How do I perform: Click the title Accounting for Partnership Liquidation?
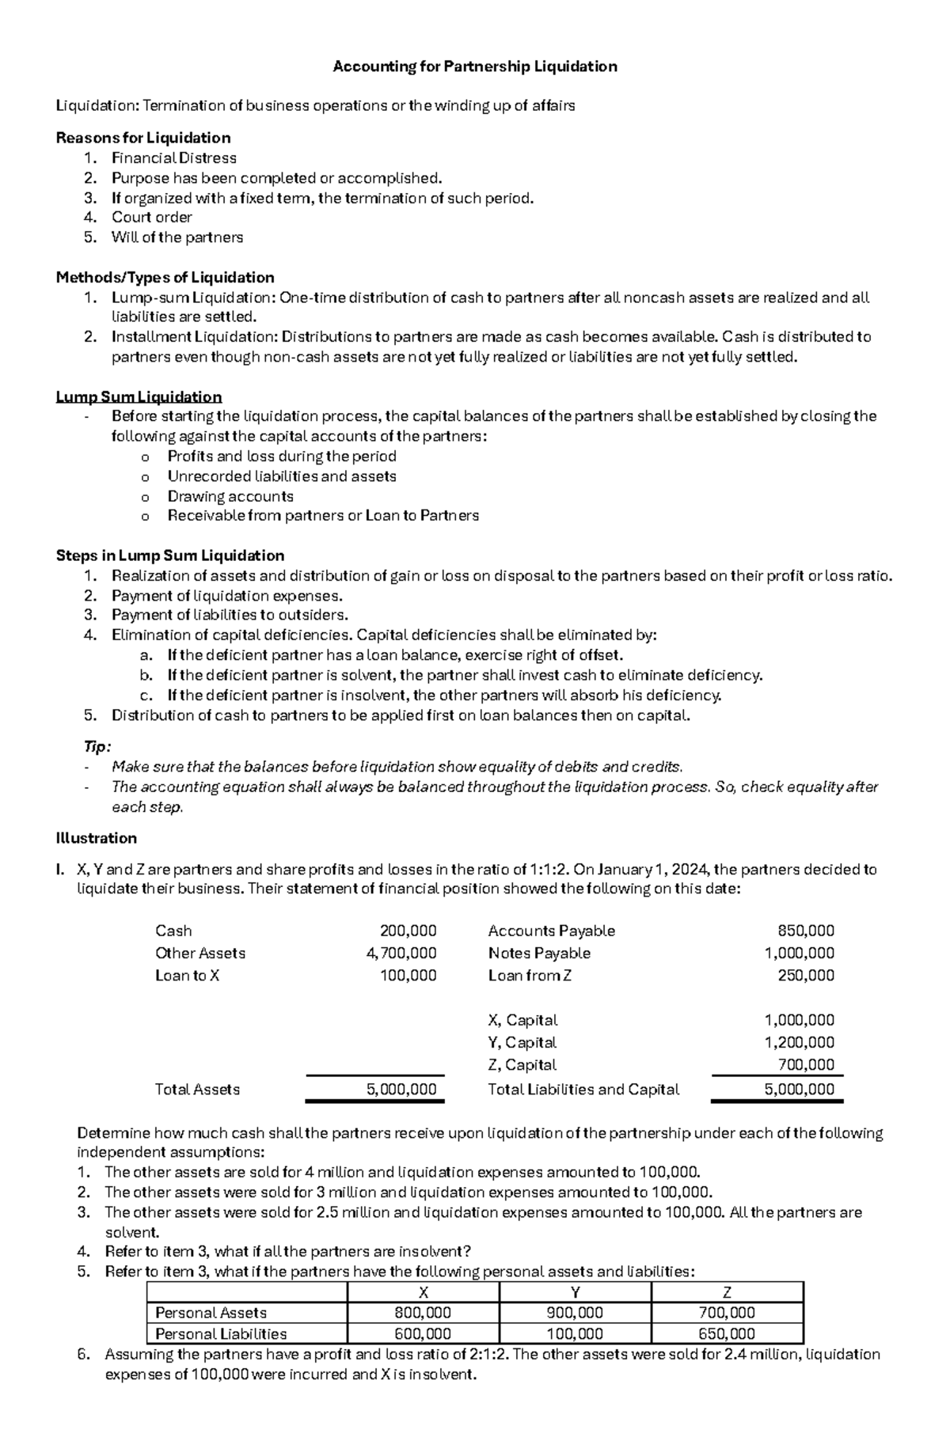click(475, 66)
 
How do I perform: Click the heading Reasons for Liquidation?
click(143, 138)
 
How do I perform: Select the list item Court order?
click(152, 217)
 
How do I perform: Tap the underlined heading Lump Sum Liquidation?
click(139, 396)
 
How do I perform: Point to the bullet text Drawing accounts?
click(230, 496)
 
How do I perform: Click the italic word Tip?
click(97, 747)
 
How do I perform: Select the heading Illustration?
click(97, 838)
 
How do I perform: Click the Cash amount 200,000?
click(408, 931)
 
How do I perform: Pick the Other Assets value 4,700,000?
click(401, 953)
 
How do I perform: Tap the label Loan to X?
click(188, 975)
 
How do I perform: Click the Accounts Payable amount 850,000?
click(806, 931)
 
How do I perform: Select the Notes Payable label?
click(539, 953)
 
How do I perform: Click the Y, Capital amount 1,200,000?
click(799, 1042)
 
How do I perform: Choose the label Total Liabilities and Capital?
click(583, 1089)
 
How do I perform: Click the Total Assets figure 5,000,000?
click(401, 1089)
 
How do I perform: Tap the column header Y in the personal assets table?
click(576, 1292)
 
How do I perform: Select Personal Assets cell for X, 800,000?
click(424, 1313)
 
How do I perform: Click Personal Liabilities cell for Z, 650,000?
click(727, 1333)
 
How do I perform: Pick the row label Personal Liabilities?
click(221, 1333)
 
